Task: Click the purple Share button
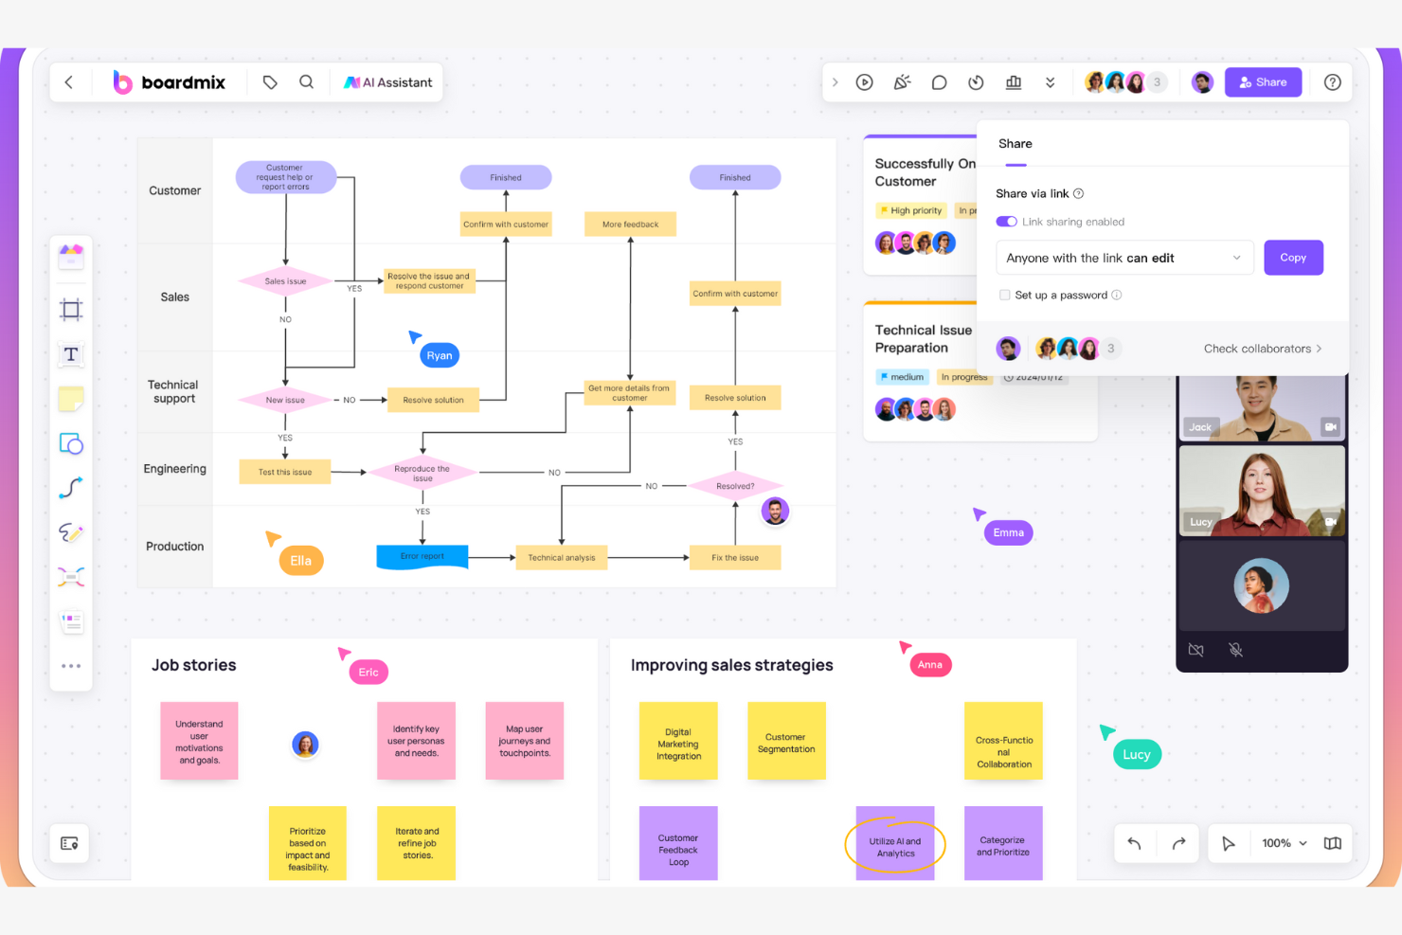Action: (x=1263, y=82)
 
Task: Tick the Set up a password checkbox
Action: (x=1005, y=295)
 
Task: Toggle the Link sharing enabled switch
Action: (x=1006, y=222)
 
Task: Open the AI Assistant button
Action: (x=388, y=82)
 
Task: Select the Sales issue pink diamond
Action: (x=285, y=281)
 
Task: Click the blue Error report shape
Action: (x=422, y=557)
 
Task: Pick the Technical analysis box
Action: (x=562, y=558)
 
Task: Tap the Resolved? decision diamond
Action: (x=735, y=486)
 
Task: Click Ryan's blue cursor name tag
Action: (x=440, y=355)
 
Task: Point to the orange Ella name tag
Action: (x=301, y=561)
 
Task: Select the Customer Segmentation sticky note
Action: (x=786, y=742)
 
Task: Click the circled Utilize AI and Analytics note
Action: (x=895, y=847)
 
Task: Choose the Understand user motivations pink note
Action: (x=199, y=742)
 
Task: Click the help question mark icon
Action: (x=1332, y=82)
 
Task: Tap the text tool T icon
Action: (x=71, y=354)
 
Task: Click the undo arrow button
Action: (x=1134, y=843)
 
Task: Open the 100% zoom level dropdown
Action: (x=1285, y=843)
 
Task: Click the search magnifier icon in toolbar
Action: (x=306, y=82)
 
